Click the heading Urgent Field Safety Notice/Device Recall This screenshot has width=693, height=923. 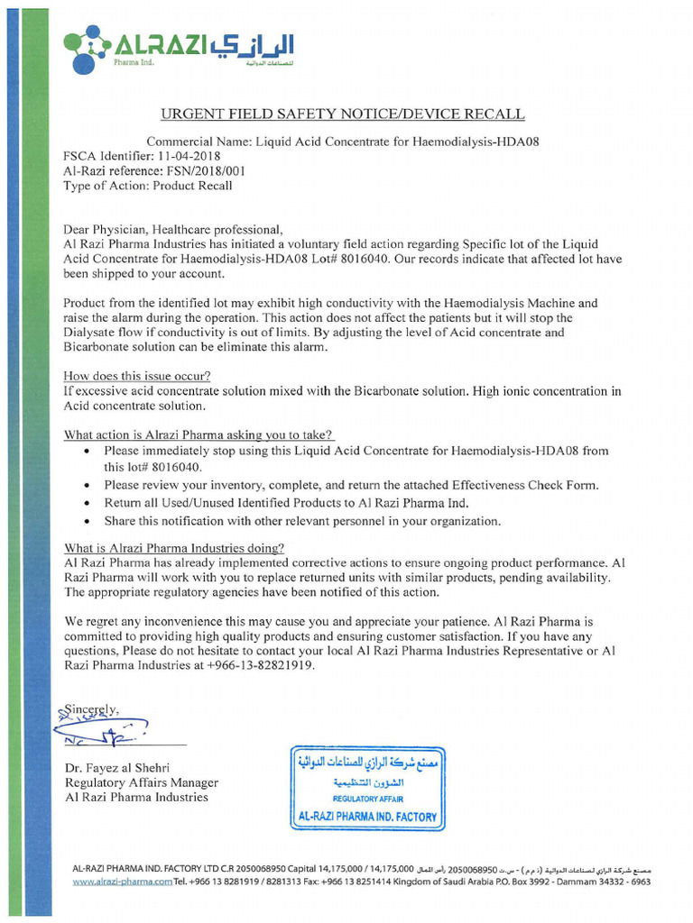[341, 114]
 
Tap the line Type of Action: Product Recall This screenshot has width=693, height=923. [147, 186]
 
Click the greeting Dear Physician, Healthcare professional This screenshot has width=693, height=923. [173, 230]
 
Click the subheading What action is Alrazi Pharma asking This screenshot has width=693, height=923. [199, 434]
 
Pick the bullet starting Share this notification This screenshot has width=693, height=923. [301, 521]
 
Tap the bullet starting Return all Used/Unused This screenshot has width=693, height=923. [286, 503]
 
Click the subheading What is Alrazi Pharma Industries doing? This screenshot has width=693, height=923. [174, 548]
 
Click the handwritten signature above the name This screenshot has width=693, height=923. [99, 727]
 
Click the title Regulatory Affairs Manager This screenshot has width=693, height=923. [141, 782]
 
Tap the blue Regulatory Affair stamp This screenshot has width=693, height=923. [367, 788]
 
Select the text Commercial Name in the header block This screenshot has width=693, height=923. [198, 142]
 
